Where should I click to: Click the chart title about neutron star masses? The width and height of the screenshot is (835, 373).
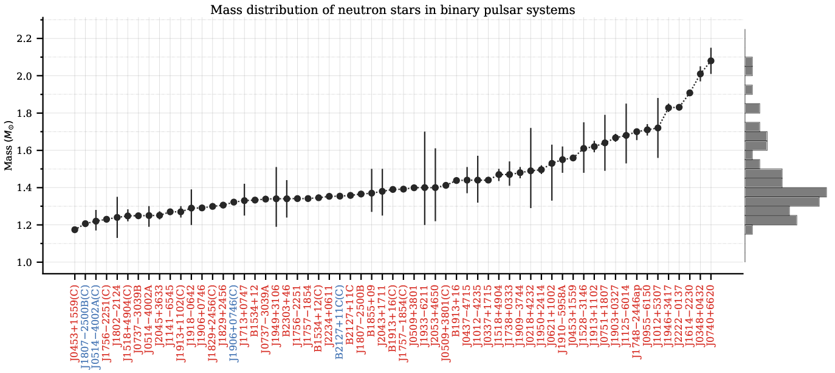393,10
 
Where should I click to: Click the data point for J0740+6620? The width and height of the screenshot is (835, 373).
711,61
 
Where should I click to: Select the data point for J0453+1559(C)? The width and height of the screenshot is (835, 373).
75,229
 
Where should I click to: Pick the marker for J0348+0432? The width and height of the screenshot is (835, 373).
700,74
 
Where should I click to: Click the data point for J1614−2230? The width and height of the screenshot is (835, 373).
690,93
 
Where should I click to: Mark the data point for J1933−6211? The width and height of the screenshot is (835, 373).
424,187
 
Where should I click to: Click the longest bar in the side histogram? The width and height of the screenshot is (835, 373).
785,192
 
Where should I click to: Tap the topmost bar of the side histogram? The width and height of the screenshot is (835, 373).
749,61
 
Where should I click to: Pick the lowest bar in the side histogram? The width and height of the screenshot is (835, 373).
749,230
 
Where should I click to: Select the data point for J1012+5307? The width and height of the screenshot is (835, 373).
658,128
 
